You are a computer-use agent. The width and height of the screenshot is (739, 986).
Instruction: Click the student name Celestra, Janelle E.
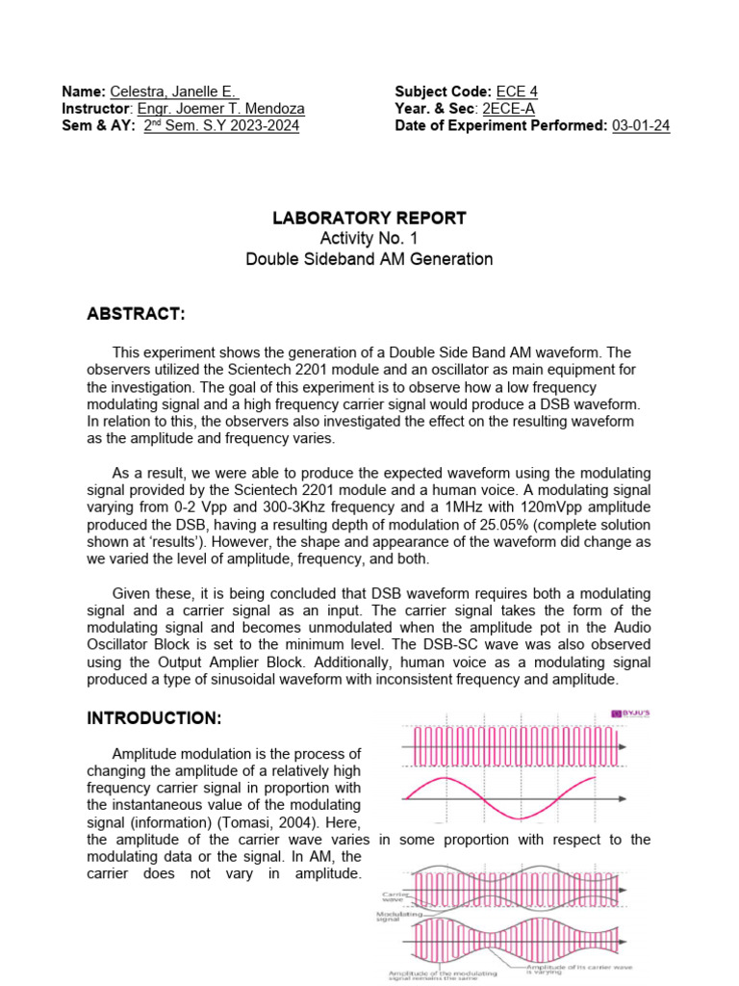[168, 91]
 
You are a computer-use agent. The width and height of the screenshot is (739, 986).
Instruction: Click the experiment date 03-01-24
[641, 126]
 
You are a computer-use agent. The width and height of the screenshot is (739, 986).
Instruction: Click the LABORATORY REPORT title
[369, 219]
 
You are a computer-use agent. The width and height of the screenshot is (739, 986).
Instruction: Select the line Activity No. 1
[369, 239]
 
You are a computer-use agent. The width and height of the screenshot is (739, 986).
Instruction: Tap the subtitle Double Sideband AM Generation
[369, 259]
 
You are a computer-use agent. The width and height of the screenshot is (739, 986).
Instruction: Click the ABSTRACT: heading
[136, 315]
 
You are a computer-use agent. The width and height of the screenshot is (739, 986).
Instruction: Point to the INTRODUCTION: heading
[155, 718]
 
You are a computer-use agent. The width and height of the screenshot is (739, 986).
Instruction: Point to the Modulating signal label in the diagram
[396, 915]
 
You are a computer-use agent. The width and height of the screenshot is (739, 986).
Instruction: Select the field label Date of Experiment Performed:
[500, 126]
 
